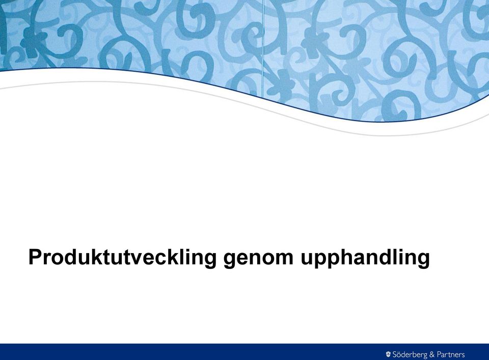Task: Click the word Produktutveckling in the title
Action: tap(122, 258)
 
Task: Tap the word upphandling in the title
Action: tap(365, 258)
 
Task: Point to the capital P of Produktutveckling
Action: tap(36, 257)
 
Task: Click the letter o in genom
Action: tap(264, 259)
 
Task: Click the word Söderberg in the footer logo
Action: tap(410, 354)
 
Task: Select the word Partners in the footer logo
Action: tap(451, 354)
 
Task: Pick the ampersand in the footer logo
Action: tap(432, 354)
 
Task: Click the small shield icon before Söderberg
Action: tap(388, 354)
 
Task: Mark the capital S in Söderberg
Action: tap(395, 354)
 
